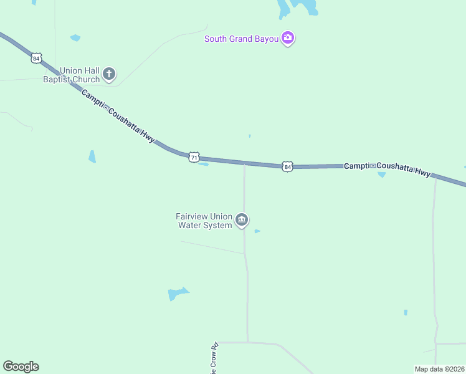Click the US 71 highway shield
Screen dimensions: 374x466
click(194, 156)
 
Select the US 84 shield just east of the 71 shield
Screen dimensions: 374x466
click(287, 166)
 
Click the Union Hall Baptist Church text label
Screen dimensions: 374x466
click(71, 75)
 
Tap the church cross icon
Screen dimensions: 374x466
click(109, 75)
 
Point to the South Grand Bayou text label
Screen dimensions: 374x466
click(241, 39)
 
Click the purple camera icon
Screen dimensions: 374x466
click(287, 38)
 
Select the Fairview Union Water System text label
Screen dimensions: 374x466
click(204, 221)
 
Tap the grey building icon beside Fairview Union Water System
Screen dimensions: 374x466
click(242, 220)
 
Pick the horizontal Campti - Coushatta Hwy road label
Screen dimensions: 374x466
click(387, 169)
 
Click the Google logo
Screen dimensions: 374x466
click(21, 367)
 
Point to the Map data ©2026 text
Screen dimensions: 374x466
click(439, 369)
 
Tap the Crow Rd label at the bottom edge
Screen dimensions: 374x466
click(214, 356)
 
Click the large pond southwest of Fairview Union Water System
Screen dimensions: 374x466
click(177, 294)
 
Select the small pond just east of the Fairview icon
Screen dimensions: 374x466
click(257, 231)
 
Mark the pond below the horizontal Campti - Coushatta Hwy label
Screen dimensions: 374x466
click(381, 175)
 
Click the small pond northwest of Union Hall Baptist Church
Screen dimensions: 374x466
click(75, 38)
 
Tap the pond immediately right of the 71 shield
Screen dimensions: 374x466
click(204, 165)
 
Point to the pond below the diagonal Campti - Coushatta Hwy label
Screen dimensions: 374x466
click(92, 156)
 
